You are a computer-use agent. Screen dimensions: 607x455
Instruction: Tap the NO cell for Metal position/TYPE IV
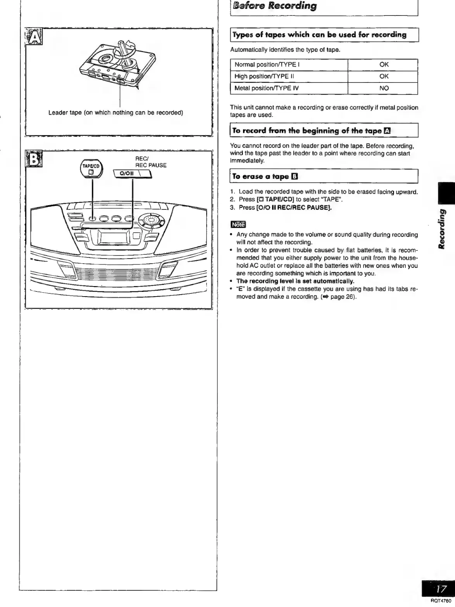click(384, 88)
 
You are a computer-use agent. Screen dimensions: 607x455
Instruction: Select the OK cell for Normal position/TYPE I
click(384, 65)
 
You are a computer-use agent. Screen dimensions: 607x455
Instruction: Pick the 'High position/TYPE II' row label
click(264, 76)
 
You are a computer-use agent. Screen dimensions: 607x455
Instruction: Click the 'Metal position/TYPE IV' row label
click(267, 88)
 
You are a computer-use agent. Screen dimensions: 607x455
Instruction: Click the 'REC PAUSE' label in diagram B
click(151, 165)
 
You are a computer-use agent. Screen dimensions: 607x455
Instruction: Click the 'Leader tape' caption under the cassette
click(115, 113)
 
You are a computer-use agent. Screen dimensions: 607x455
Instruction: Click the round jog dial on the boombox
click(151, 220)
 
